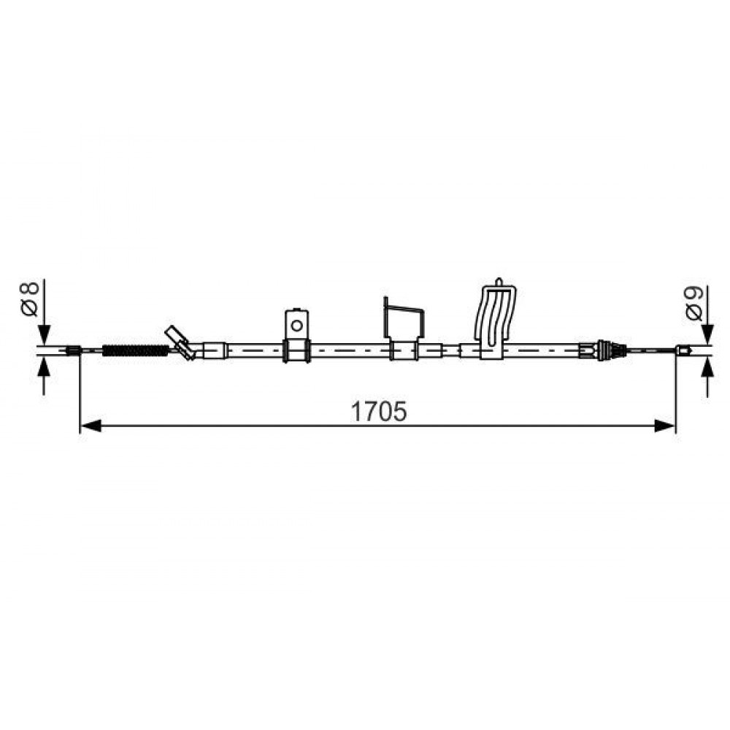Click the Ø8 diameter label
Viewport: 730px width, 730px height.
(29, 299)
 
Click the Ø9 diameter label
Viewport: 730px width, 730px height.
(694, 303)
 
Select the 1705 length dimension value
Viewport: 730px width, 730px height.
(378, 412)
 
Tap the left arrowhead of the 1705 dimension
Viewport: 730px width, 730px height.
(91, 426)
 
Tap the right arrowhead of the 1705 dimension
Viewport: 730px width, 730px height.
(665, 426)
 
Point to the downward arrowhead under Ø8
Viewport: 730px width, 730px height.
(44, 334)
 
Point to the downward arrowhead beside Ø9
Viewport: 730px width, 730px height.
(708, 334)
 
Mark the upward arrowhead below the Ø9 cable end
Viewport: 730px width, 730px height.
(708, 369)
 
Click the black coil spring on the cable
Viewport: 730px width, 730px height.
(135, 350)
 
